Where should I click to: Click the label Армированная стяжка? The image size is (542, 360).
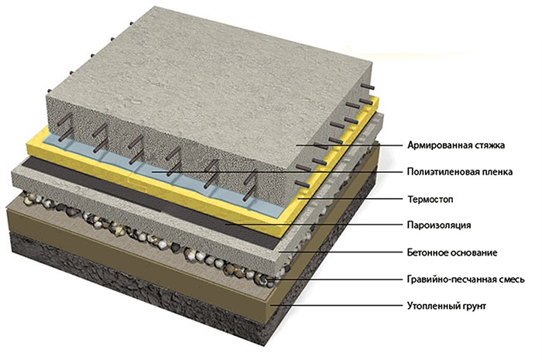(456, 145)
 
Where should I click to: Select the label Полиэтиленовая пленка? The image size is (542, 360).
(460, 172)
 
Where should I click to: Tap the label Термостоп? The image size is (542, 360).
(431, 199)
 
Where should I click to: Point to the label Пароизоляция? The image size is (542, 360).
(439, 225)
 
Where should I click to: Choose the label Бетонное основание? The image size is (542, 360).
(452, 252)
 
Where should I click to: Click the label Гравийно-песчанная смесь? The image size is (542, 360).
(466, 279)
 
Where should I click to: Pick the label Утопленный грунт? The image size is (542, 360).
(447, 306)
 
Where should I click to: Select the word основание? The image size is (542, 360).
(474, 253)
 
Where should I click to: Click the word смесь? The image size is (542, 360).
(511, 279)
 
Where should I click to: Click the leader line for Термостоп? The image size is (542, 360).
(351, 199)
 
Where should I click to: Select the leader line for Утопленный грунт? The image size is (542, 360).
(338, 305)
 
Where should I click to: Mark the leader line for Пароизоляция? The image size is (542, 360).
(314, 225)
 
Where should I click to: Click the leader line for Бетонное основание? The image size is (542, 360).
(341, 252)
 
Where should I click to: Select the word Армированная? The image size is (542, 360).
(439, 145)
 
